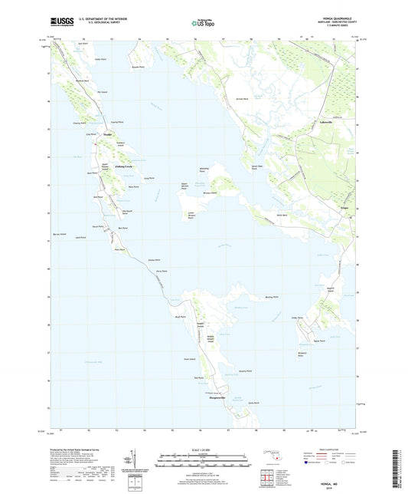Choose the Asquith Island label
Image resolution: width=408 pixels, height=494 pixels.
point(331,290)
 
